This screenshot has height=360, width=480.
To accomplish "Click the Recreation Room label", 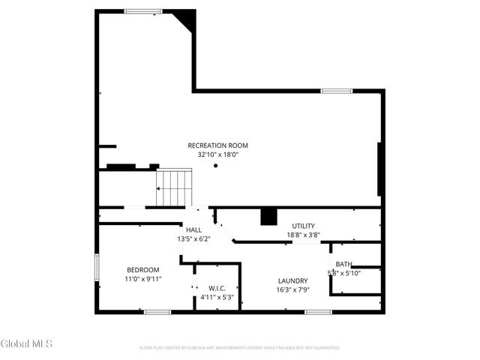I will [217, 145].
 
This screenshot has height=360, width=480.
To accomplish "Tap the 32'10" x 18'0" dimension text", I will [217, 154].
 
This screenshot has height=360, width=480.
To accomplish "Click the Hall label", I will [193, 230].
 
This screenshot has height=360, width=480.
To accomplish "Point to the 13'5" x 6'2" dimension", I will [193, 239].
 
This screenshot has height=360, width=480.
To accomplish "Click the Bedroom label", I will [142, 270].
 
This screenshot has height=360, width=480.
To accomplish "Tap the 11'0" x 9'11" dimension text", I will [142, 279].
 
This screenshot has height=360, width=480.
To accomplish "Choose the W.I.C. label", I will [217, 288].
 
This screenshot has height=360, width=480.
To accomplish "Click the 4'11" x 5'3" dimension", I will [217, 297].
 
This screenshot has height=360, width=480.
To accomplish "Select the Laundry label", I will [292, 280].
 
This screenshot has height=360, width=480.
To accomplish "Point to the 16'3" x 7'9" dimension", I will [292, 289].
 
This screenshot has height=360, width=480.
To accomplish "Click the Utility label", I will [303, 226].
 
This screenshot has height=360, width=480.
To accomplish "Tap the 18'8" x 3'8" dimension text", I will [303, 235].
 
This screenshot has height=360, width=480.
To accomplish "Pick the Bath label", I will [343, 264].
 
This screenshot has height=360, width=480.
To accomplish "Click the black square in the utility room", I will [268, 216].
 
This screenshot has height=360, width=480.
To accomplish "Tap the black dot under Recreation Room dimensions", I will [215, 165].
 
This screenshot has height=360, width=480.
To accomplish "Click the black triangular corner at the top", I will [186, 19].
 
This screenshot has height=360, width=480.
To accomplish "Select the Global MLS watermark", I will [27, 344].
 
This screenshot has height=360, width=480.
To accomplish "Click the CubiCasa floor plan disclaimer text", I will [240, 348].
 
